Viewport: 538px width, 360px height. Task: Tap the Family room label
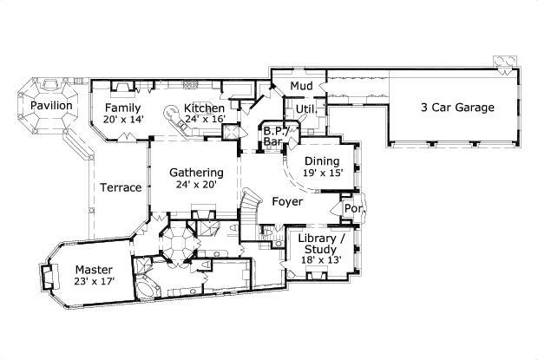click(123, 108)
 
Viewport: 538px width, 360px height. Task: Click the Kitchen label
click(205, 108)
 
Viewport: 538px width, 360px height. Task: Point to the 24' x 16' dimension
click(205, 120)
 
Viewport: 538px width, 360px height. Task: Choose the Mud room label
click(301, 86)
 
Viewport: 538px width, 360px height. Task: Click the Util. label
click(305, 108)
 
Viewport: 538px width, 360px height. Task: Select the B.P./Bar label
click(275, 134)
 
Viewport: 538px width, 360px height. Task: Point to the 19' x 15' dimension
click(323, 173)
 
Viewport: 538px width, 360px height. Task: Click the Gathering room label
click(196, 172)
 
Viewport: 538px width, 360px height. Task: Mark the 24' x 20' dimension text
click(196, 184)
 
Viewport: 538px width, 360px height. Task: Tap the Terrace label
click(120, 187)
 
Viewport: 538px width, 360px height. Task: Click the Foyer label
click(286, 202)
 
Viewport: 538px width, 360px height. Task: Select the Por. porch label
click(353, 209)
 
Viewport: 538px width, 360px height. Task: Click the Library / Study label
click(321, 244)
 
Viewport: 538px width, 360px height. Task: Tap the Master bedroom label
click(93, 269)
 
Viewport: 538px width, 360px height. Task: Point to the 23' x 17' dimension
click(94, 282)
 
